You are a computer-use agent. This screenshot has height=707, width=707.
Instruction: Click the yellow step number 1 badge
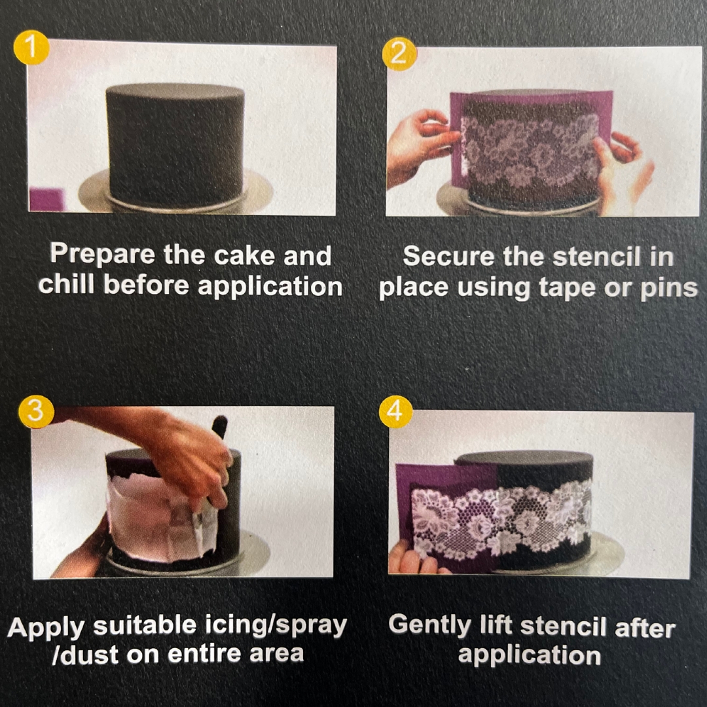pos(31,47)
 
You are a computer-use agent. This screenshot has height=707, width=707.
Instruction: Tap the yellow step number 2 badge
pos(399,54)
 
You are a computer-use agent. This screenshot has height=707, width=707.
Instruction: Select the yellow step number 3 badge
pos(36,411)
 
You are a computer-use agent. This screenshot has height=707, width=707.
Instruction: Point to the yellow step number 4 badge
pos(395,411)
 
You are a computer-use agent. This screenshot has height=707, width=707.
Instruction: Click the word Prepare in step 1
pos(103,255)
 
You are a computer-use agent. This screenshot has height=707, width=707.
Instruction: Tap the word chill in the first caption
pos(66,285)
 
